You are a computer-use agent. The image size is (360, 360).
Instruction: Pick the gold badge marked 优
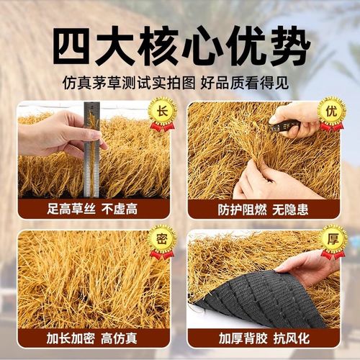pyautogui.click(x=332, y=113)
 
